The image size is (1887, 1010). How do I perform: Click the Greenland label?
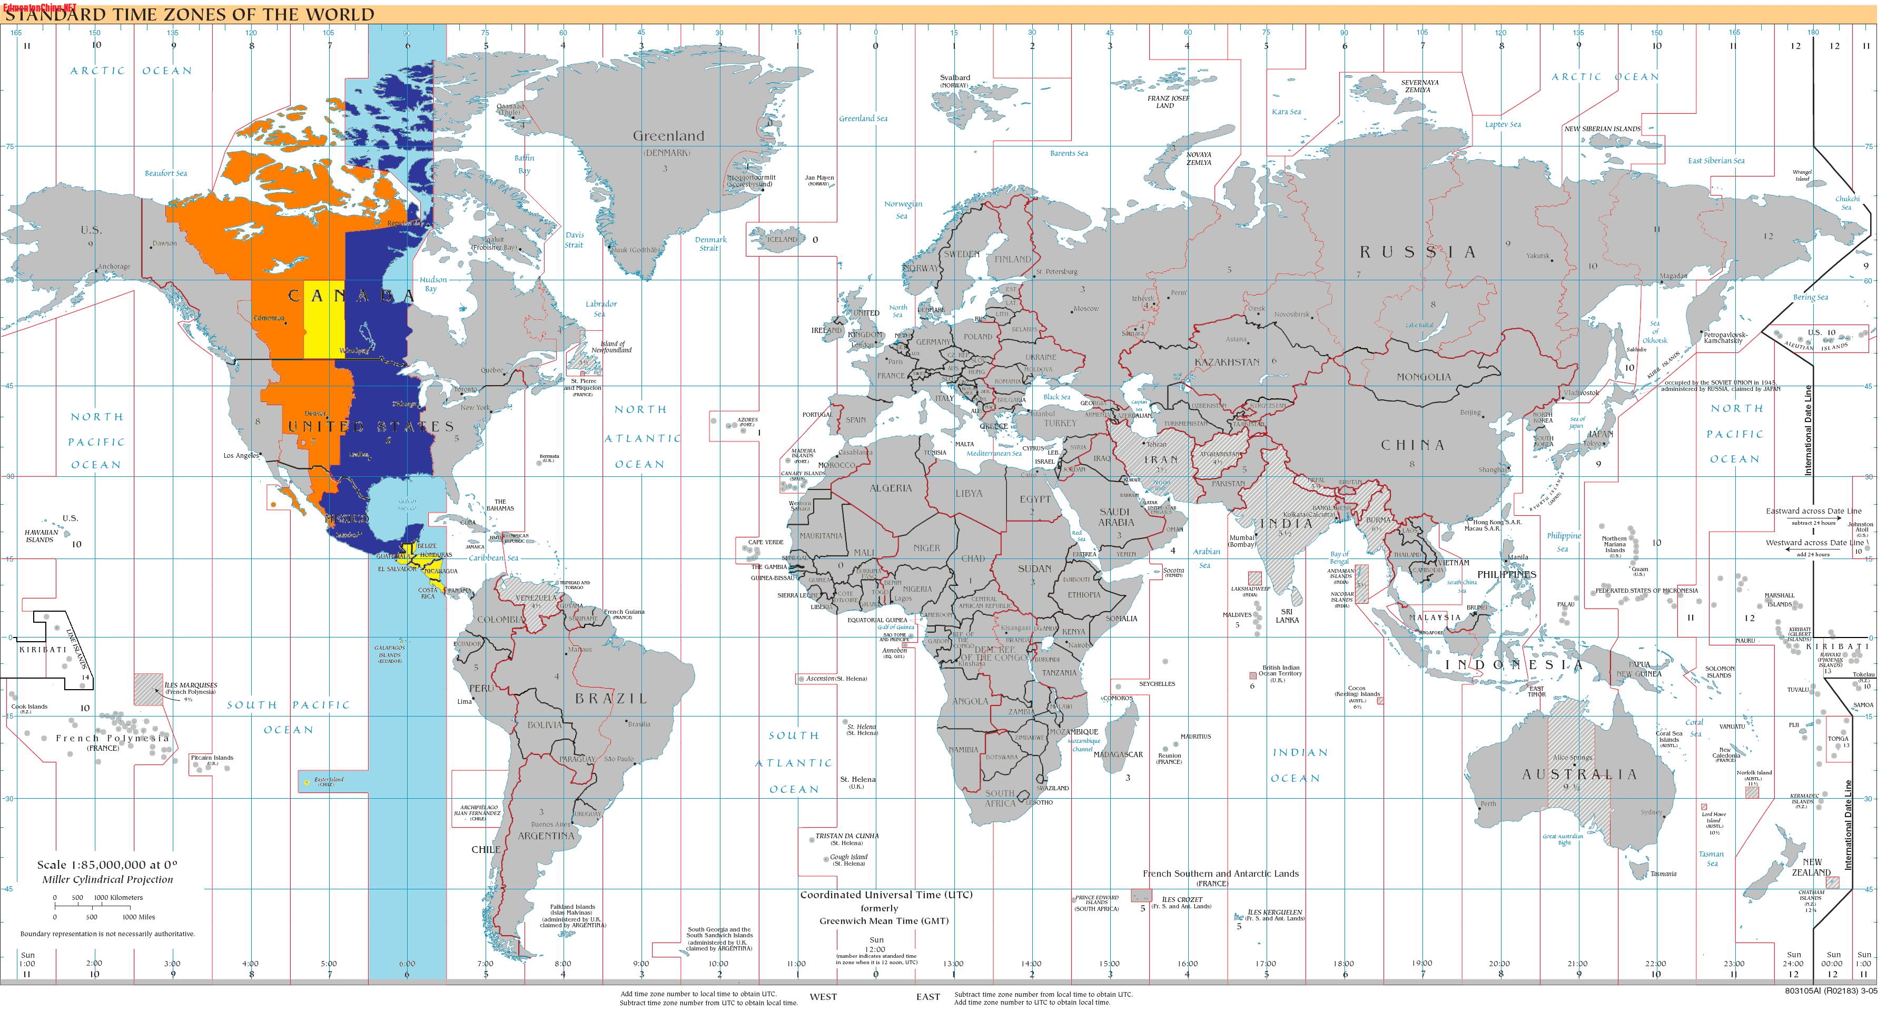click(x=668, y=135)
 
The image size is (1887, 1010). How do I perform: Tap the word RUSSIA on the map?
click(x=1419, y=252)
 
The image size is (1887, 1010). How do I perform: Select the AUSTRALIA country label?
click(x=1578, y=774)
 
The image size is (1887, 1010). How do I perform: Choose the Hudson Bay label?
click(x=433, y=285)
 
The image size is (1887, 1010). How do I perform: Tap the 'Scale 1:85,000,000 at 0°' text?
click(x=107, y=865)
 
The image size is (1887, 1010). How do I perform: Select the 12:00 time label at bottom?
click(x=876, y=949)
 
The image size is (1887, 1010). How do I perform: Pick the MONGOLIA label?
click(x=1424, y=377)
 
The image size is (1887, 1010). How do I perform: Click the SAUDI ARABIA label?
click(x=1115, y=517)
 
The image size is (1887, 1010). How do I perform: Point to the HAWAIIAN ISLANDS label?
click(x=41, y=536)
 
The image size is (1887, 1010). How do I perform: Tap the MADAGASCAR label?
click(x=1118, y=754)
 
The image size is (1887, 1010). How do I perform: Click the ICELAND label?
click(x=781, y=239)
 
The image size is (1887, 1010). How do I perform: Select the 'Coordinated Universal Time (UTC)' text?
click(x=886, y=895)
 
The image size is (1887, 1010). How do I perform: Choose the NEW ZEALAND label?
click(x=1812, y=867)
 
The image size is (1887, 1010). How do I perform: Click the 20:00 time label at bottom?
click(x=1499, y=964)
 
